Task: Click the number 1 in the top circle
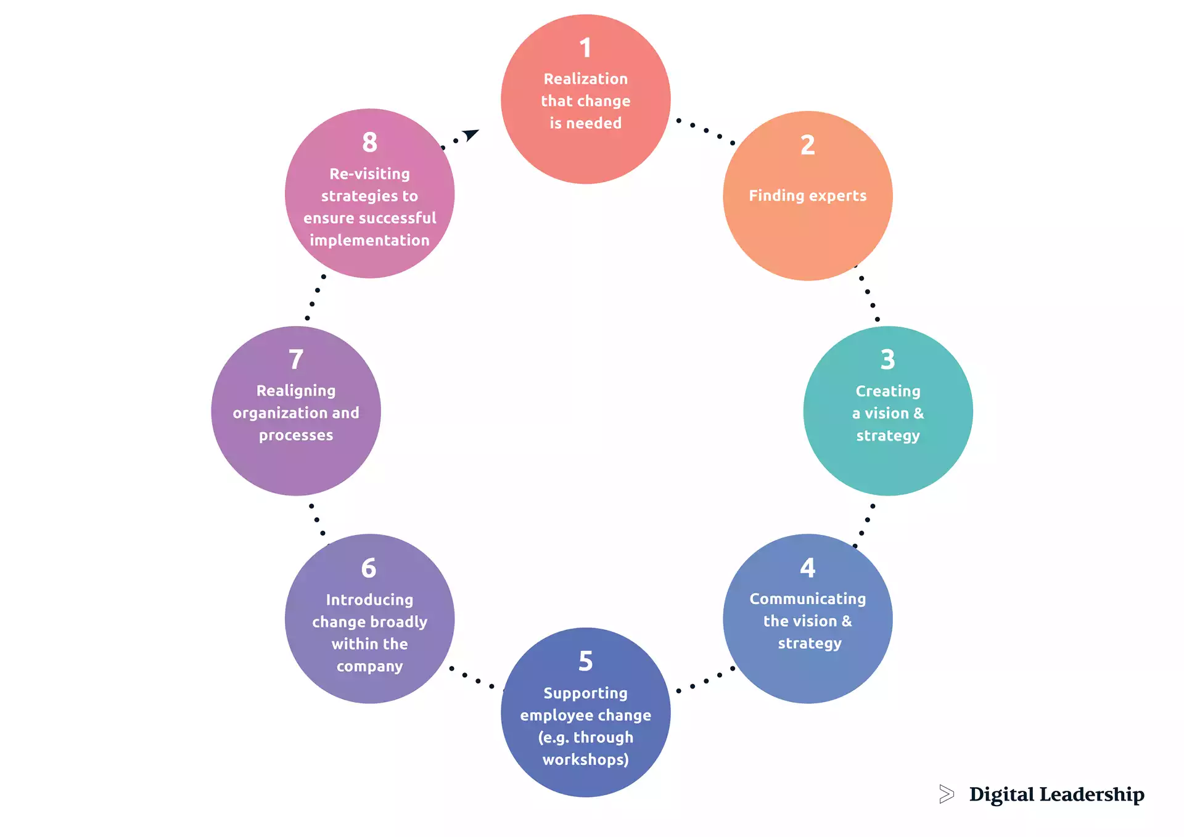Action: click(585, 48)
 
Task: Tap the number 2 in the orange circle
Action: click(807, 145)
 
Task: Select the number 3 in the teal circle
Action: click(887, 359)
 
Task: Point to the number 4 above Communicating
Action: click(807, 568)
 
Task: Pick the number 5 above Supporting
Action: click(585, 661)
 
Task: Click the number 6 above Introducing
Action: click(369, 568)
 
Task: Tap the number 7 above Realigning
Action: click(296, 359)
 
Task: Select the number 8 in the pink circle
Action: click(369, 142)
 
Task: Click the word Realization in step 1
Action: click(585, 79)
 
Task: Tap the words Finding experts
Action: click(807, 196)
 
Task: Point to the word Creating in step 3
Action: click(887, 391)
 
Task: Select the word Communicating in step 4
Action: click(807, 599)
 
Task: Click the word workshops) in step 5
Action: click(585, 759)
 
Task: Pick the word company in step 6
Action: click(369, 666)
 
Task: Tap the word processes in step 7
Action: click(296, 435)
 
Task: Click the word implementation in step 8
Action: click(369, 240)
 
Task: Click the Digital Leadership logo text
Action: click(1056, 794)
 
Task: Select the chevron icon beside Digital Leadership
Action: click(946, 794)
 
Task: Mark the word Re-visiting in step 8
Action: click(369, 174)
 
